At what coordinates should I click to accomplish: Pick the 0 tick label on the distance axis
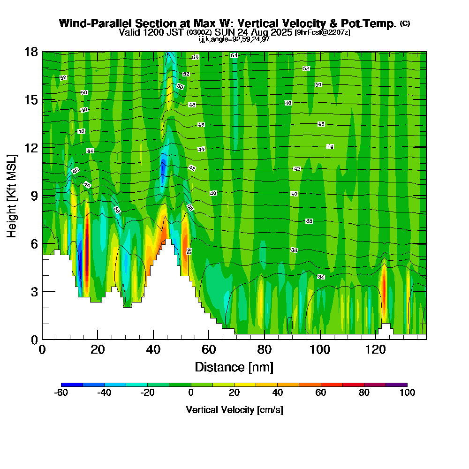42,349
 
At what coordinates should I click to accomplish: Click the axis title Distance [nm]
234,367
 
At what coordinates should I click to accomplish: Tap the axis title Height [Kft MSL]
12,195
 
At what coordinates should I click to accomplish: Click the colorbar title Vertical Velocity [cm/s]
234,410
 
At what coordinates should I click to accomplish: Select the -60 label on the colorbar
61,393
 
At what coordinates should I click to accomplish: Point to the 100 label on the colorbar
407,393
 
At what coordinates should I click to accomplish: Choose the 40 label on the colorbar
277,393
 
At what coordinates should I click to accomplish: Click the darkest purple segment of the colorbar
396,385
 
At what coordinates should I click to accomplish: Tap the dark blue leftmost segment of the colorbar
72,385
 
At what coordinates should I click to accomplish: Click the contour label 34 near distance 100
321,277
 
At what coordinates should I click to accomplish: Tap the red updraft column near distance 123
384,286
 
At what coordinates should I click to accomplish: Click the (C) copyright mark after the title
405,23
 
